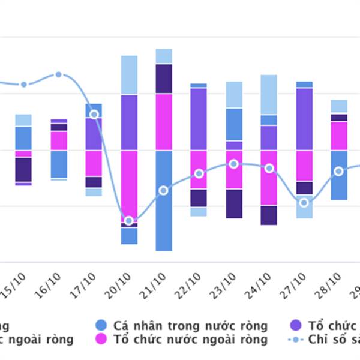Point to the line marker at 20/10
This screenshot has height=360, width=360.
tap(128, 221)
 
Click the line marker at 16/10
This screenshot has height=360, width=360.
tap(59, 74)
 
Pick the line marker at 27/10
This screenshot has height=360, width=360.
tap(304, 202)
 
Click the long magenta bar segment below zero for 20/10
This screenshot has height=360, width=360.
tap(129, 186)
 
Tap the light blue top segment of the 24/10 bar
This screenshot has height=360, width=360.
tap(269, 94)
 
